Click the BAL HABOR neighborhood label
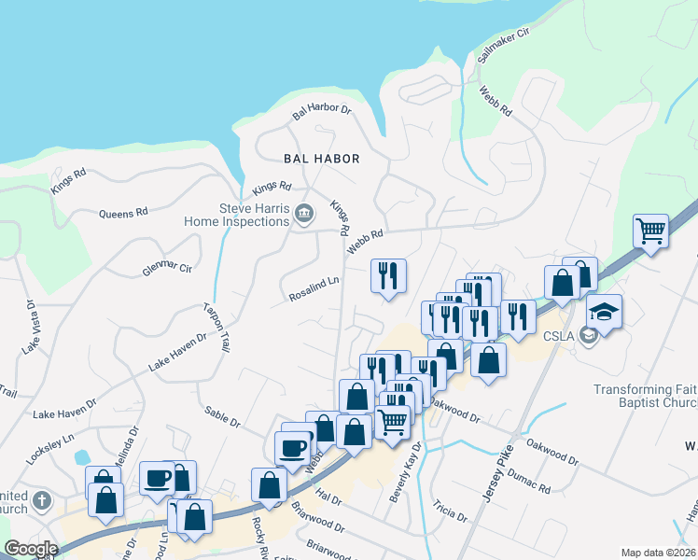pos(322,159)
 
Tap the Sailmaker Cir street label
pos(503,44)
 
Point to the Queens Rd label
pos(124,213)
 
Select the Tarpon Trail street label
pos(216,327)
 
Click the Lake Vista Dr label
pos(28,328)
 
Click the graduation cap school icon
pos(604,311)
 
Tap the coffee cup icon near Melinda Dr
pos(157,479)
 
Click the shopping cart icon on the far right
pos(650,230)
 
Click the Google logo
pos(32,549)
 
